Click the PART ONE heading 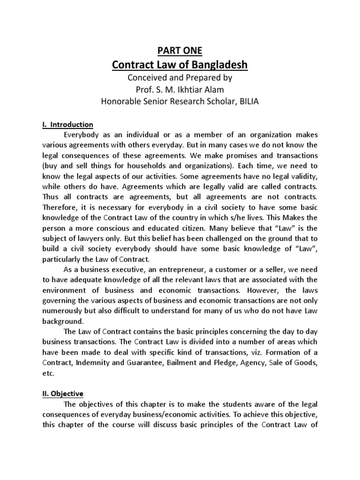180,50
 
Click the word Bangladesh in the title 218,65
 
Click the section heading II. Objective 63,395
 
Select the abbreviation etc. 48,373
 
